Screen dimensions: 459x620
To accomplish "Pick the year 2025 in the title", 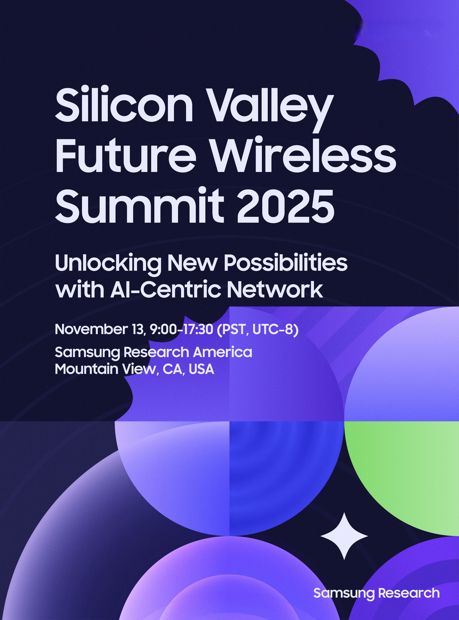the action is pos(286,205).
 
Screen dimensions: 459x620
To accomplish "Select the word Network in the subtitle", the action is pos(275,289).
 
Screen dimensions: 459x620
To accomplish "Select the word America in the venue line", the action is pos(223,352).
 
